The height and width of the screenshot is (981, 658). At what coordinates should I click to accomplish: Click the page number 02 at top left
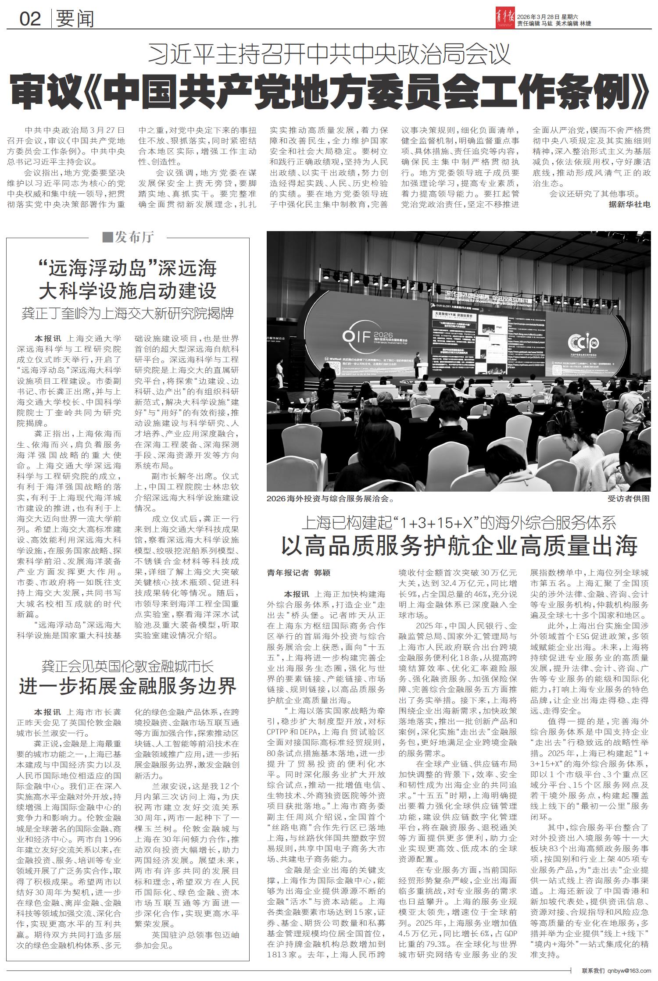click(x=30, y=18)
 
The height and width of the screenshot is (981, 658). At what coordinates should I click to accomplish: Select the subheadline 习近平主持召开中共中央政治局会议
click(x=329, y=55)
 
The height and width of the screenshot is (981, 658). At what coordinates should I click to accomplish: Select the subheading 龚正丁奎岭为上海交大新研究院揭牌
click(x=128, y=313)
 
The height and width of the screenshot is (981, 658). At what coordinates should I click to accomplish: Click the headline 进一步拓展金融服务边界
click(x=128, y=685)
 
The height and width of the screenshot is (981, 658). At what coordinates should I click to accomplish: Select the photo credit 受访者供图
click(x=628, y=499)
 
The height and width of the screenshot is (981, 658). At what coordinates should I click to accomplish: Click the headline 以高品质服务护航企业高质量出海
click(x=458, y=546)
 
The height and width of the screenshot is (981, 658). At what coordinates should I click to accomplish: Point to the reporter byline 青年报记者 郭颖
click(x=298, y=572)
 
